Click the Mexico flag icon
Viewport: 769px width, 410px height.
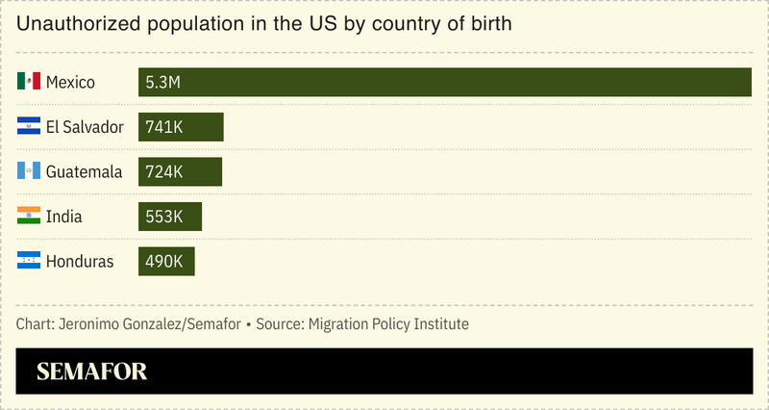(29, 82)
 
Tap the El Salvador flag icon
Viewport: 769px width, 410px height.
(29, 126)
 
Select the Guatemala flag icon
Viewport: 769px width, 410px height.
(29, 171)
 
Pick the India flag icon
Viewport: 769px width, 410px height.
(29, 216)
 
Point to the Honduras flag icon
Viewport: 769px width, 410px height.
(29, 261)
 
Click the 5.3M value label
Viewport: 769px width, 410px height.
(163, 83)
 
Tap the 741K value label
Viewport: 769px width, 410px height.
(164, 127)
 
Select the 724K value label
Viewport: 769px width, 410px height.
(164, 172)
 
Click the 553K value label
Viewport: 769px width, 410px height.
(164, 217)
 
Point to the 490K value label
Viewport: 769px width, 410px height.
(164, 262)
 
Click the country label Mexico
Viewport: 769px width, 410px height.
(70, 83)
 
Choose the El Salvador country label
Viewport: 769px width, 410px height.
(85, 127)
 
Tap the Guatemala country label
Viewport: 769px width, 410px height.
(84, 172)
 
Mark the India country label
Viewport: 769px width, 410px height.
(63, 217)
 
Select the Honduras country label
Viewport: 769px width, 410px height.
(80, 262)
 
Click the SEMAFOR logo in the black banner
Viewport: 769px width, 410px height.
(91, 372)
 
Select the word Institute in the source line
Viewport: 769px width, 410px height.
(439, 323)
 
